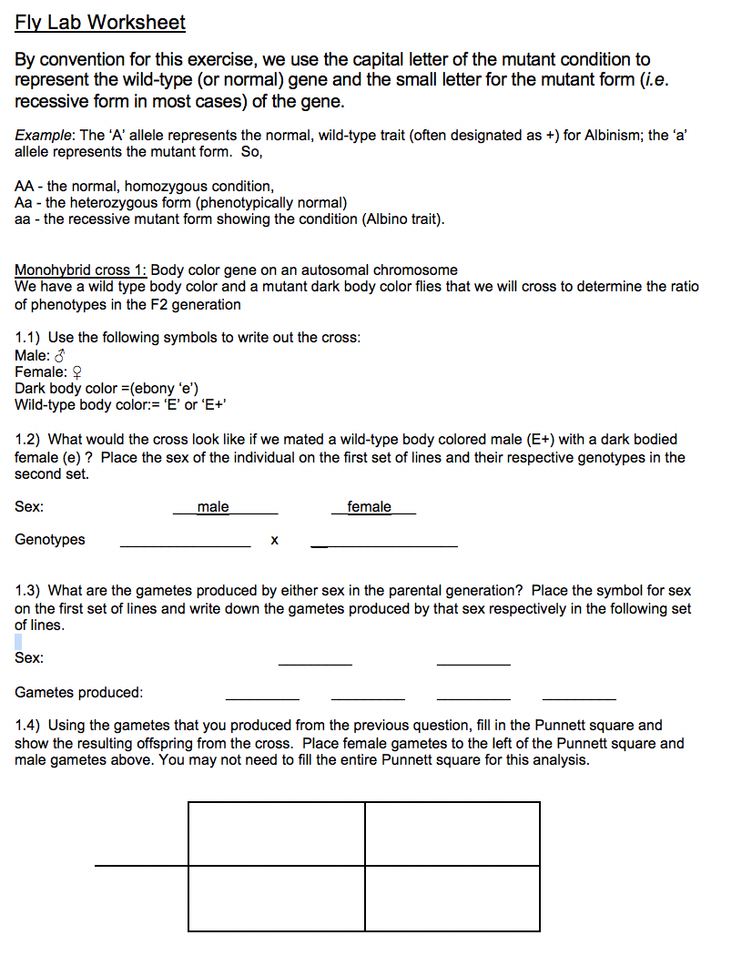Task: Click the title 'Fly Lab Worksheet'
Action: click(100, 23)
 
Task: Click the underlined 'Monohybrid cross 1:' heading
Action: click(81, 270)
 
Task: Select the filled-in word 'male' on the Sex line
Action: click(213, 507)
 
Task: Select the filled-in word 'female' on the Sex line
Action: click(369, 507)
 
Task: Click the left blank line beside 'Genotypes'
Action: click(185, 544)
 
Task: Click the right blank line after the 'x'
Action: click(384, 544)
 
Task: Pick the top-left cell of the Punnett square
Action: click(277, 833)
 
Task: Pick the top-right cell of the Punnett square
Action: click(452, 833)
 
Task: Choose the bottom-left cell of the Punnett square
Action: click(277, 898)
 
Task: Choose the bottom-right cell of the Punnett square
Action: click(452, 898)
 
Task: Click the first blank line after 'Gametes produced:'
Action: click(262, 696)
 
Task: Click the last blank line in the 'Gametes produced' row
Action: click(579, 696)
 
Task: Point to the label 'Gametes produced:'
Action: click(79, 693)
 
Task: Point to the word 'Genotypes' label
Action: click(50, 540)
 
